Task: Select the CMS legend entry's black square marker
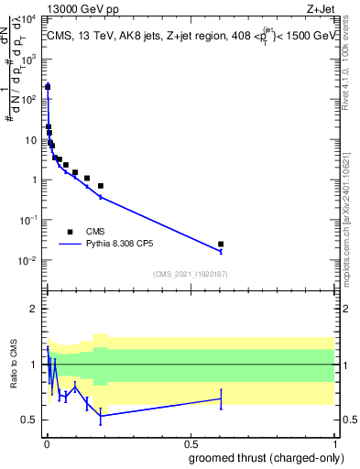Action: pyautogui.click(x=70, y=231)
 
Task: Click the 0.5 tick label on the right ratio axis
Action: pyautogui.click(x=346, y=420)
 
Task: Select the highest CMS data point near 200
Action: pyautogui.click(x=48, y=86)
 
